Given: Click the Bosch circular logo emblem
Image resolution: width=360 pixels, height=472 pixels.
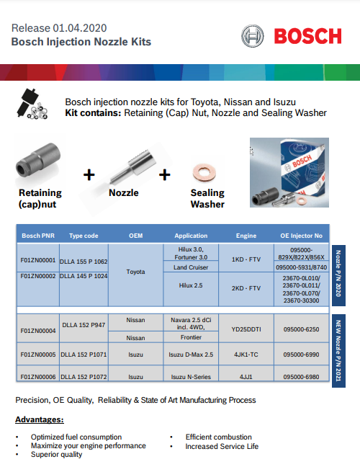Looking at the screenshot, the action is pos(253,36).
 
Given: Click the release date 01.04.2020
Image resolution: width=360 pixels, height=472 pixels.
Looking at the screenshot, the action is pos(79,28).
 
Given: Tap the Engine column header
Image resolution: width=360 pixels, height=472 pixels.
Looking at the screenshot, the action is pos(246,236).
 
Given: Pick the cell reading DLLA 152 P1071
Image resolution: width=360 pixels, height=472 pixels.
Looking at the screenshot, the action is pos(84,355).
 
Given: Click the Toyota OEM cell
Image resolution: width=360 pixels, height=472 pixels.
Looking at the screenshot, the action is pos(135,272).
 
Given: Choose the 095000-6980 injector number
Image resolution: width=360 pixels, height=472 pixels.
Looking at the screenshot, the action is pos(301,376).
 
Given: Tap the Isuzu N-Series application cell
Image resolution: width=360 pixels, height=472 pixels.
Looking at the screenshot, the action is pos(191,376).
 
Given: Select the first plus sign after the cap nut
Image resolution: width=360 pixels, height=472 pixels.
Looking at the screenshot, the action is pos(89,174).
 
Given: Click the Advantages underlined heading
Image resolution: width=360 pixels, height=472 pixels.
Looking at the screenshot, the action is pos(40,419).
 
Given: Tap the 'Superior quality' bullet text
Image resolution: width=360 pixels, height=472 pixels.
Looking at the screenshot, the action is pos(56,455).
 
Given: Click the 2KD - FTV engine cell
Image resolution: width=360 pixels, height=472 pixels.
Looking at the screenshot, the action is pos(246,288).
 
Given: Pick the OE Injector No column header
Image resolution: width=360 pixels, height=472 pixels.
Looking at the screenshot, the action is pos(301,236).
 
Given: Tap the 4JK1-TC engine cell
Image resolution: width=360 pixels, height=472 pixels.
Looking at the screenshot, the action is pos(246,355).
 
